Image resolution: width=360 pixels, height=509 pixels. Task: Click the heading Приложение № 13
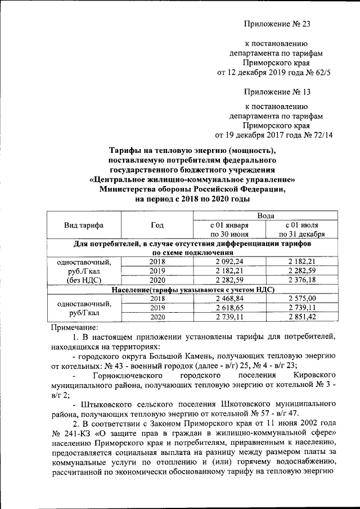(x=277, y=91)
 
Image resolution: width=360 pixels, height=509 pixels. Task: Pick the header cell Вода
(x=265, y=215)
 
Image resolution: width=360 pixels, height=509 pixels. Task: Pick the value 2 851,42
(x=302, y=317)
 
